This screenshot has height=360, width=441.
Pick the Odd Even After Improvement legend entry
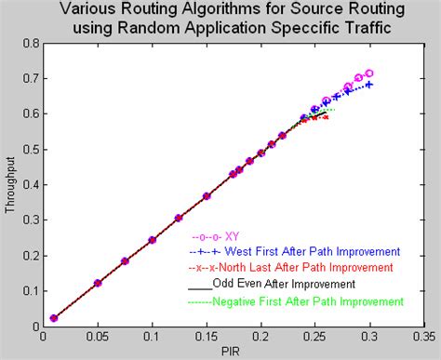(x=293, y=285)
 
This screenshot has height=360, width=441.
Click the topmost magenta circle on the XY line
(x=369, y=73)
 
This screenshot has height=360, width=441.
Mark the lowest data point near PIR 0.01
(x=54, y=318)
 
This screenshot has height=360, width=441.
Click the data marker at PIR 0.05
(x=98, y=283)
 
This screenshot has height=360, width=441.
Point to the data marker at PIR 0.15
(x=207, y=196)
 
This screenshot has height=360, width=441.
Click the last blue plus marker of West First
(x=369, y=85)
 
